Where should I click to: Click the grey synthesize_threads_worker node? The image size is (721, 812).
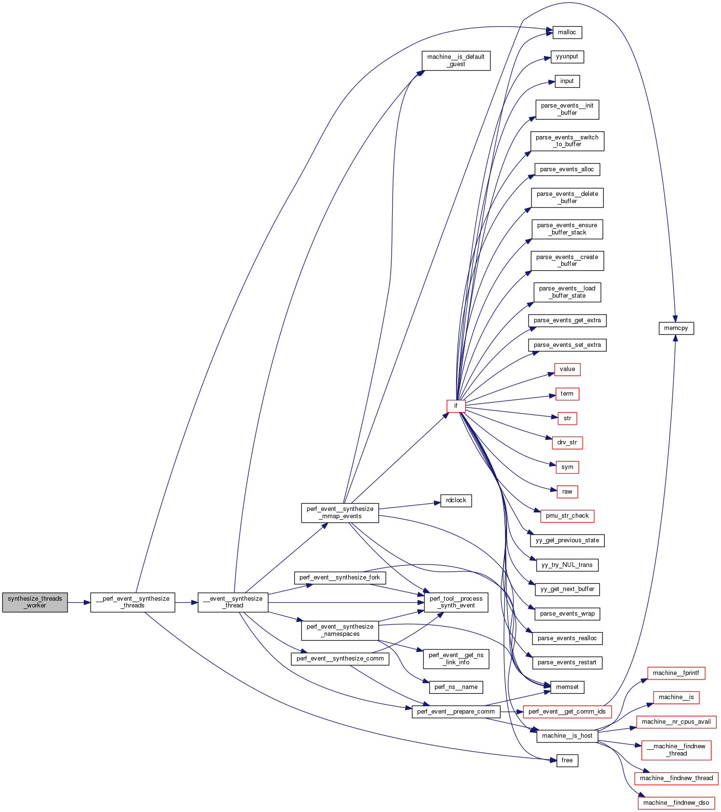click(35, 602)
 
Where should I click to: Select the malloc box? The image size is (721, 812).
click(567, 32)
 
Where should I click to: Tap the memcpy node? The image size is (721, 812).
click(676, 328)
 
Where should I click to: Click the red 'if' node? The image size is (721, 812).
click(456, 406)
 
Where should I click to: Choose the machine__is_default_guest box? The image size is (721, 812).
click(456, 60)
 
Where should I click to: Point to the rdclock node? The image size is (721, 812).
click(456, 500)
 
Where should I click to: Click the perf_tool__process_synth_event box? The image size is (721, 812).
click(456, 602)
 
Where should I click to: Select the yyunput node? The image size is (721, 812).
click(567, 56)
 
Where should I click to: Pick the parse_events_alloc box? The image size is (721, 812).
click(567, 169)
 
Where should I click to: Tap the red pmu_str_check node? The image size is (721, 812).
click(567, 516)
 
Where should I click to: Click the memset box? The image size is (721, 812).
click(567, 687)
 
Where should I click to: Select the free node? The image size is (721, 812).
click(567, 760)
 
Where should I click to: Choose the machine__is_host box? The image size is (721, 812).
click(567, 736)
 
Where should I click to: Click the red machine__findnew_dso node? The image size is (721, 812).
click(676, 803)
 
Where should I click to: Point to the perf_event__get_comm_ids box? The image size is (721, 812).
click(567, 712)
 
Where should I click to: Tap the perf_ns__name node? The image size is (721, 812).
click(456, 687)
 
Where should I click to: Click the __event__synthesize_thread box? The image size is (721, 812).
click(233, 602)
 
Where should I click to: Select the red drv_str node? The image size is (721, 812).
click(567, 442)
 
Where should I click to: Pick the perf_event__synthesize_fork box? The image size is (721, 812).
click(340, 578)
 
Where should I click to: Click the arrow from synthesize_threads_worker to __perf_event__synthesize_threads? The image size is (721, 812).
click(79, 602)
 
